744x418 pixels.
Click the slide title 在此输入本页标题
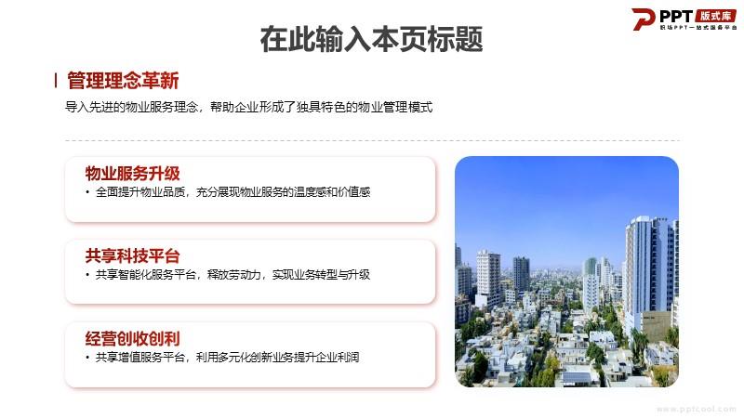pyautogui.click(x=371, y=39)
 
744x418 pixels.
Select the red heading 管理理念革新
pyautogui.click(x=123, y=81)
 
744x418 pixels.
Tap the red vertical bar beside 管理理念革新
pyautogui.click(x=56, y=81)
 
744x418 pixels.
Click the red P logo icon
pyautogui.click(x=643, y=19)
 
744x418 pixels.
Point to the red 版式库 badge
pyautogui.click(x=715, y=16)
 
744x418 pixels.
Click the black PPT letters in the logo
pyautogui.click(x=676, y=17)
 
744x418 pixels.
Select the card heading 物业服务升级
pyautogui.click(x=132, y=174)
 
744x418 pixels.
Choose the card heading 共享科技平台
pyautogui.click(x=132, y=256)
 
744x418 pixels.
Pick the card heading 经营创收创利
pyautogui.click(x=132, y=338)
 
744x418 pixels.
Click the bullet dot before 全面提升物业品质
pyautogui.click(x=87, y=192)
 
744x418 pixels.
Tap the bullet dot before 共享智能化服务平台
pyautogui.click(x=87, y=275)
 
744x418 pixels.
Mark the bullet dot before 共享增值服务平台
pyautogui.click(x=87, y=358)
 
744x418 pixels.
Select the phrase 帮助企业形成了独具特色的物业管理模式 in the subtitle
pyautogui.click(x=322, y=107)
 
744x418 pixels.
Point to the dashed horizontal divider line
pyautogui.click(x=373, y=141)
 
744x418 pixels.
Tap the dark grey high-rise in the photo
pyautogui.click(x=521, y=274)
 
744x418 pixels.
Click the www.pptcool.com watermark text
pyautogui.click(x=696, y=409)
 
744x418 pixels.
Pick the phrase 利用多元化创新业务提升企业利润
pyautogui.click(x=277, y=357)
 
